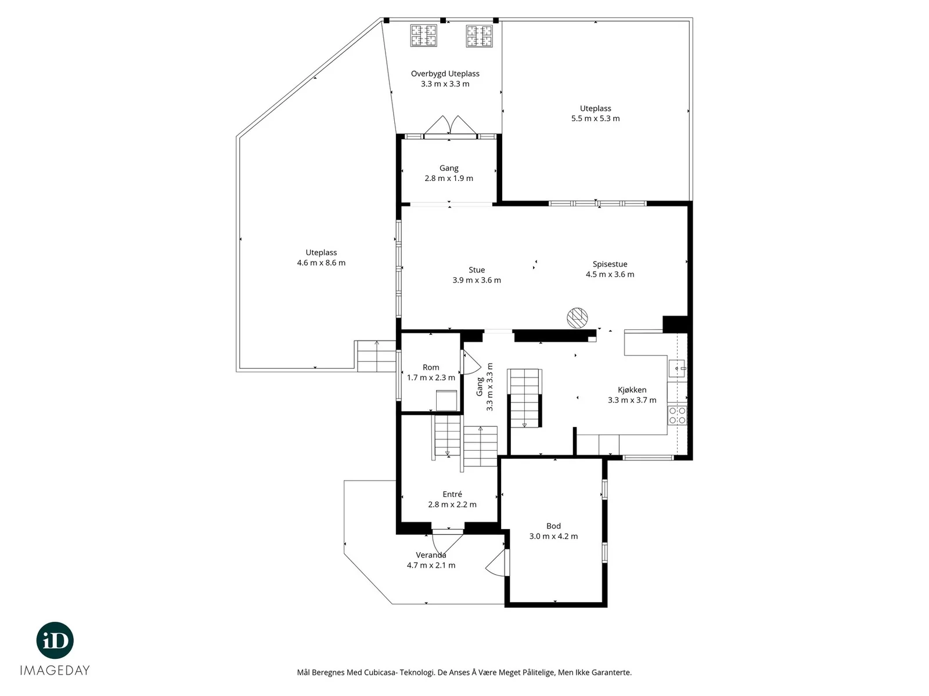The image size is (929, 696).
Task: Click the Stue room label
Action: pos(477,270)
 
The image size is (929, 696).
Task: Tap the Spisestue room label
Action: pos(610,264)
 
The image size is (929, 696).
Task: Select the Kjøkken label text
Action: pos(632,390)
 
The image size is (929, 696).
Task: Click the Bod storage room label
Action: pos(553,526)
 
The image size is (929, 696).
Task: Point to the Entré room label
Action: pos(452,494)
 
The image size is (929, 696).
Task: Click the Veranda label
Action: pos(431,555)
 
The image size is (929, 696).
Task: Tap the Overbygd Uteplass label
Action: pos(445,74)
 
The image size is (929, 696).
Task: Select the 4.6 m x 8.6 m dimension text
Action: pos(321,263)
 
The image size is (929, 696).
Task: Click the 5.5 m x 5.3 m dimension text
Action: pos(596,119)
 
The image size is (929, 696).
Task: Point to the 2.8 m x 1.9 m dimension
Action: pos(449,178)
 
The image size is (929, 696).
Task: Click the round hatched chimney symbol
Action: pos(577,318)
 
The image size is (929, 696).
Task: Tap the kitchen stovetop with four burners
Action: pos(677,415)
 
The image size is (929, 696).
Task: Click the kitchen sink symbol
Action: pos(677,368)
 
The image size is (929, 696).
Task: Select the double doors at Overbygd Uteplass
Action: pos(451,125)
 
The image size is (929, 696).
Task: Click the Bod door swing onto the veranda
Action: pos(496,563)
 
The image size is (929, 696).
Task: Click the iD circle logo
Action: pos(55,640)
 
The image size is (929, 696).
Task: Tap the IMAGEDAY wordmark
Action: pos(55,670)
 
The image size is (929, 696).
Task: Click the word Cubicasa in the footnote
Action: pos(380,672)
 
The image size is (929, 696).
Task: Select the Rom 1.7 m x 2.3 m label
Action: pos(431,373)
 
